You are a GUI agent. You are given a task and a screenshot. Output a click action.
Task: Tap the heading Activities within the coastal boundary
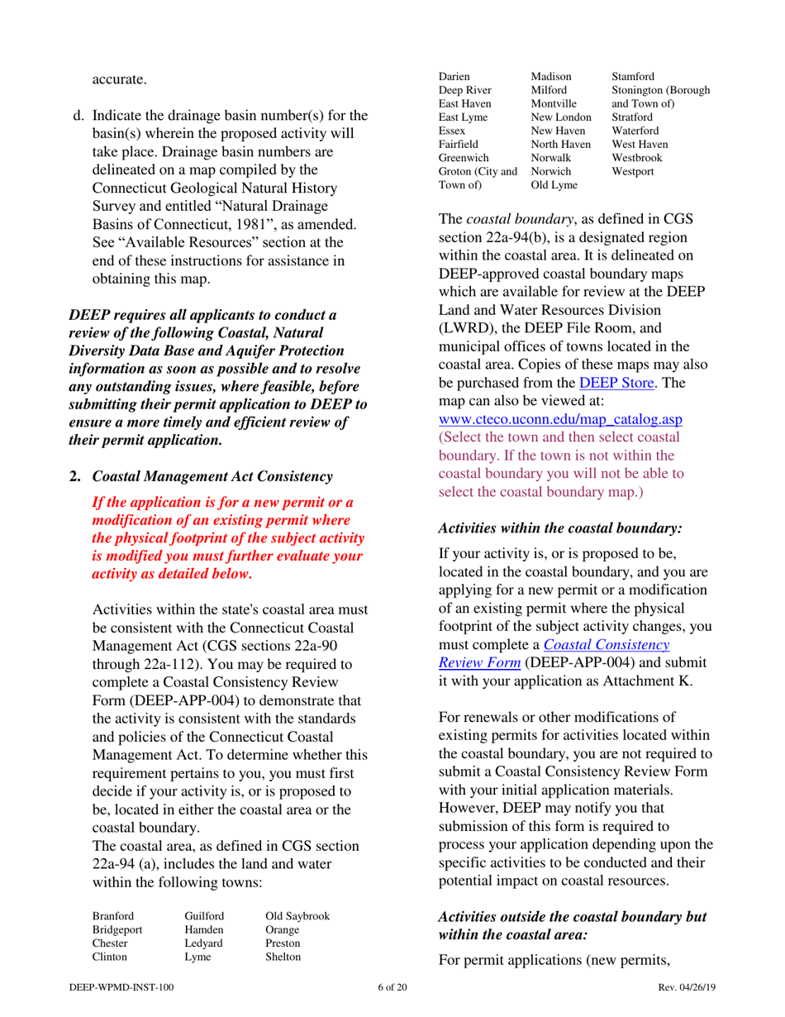pyautogui.click(x=559, y=526)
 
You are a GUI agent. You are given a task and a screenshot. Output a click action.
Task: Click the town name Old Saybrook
pyautogui.click(x=297, y=916)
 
